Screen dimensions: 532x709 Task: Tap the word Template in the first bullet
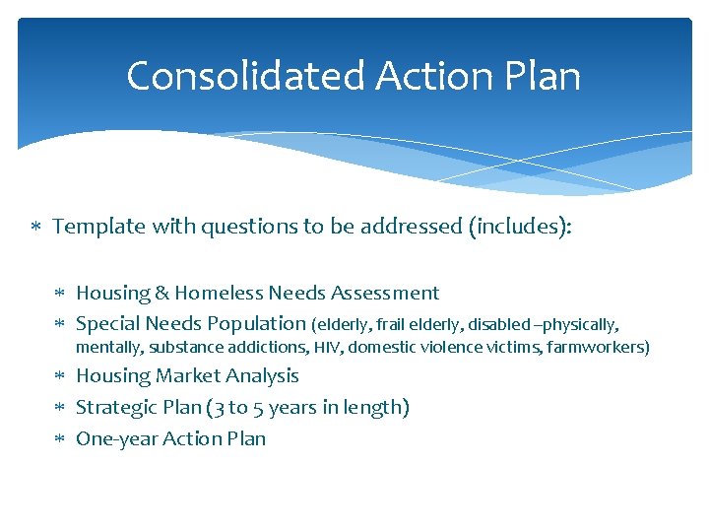click(98, 227)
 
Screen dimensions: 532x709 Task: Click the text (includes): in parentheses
click(520, 227)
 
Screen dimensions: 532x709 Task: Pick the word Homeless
click(221, 293)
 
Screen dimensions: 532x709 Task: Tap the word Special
click(108, 323)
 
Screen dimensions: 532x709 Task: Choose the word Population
click(256, 323)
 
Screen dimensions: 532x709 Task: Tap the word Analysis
click(262, 375)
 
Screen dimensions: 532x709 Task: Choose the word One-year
click(113, 438)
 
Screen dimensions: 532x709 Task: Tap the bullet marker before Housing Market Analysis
click(61, 376)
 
